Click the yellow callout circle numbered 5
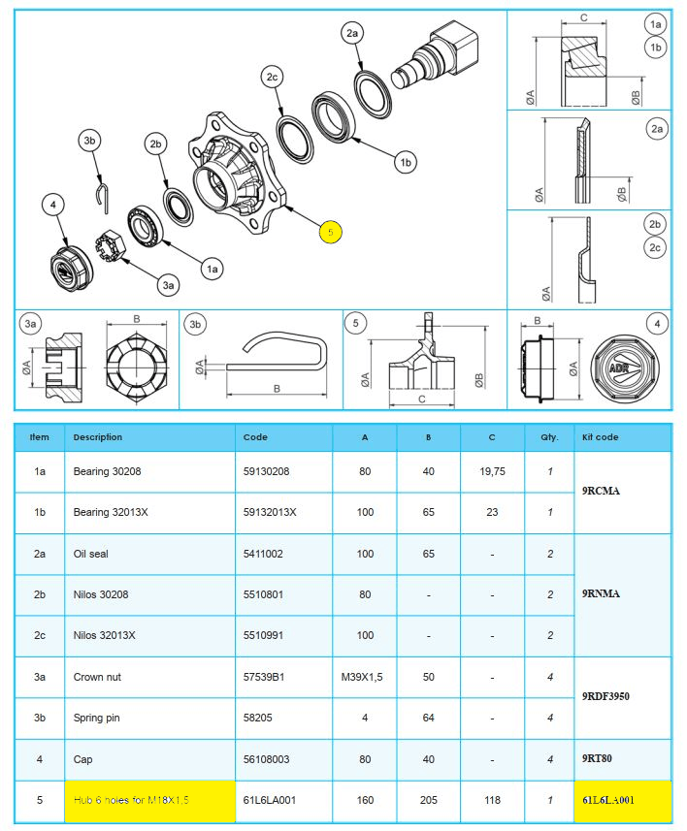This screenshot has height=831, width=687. pos(330,233)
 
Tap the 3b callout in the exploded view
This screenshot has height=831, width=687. pos(90,141)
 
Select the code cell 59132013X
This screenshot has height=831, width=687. pos(271,512)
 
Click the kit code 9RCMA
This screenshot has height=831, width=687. pos(603,491)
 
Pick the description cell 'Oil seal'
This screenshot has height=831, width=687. pos(94,553)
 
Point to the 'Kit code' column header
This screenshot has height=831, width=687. pos(599,437)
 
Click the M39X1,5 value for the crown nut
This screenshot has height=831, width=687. pos(365,677)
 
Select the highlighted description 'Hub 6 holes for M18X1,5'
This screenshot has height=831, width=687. pos(131,800)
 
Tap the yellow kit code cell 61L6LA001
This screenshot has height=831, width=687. pos(608,800)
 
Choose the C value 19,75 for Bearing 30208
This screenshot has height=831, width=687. pos(492,471)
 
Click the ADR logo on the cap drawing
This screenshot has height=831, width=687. pos(618,368)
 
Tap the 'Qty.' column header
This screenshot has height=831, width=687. pos(549,437)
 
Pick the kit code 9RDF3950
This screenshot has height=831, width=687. pos(608,696)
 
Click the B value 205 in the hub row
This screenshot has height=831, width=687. pos(428,800)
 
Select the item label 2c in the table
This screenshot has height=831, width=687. pos(40,635)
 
